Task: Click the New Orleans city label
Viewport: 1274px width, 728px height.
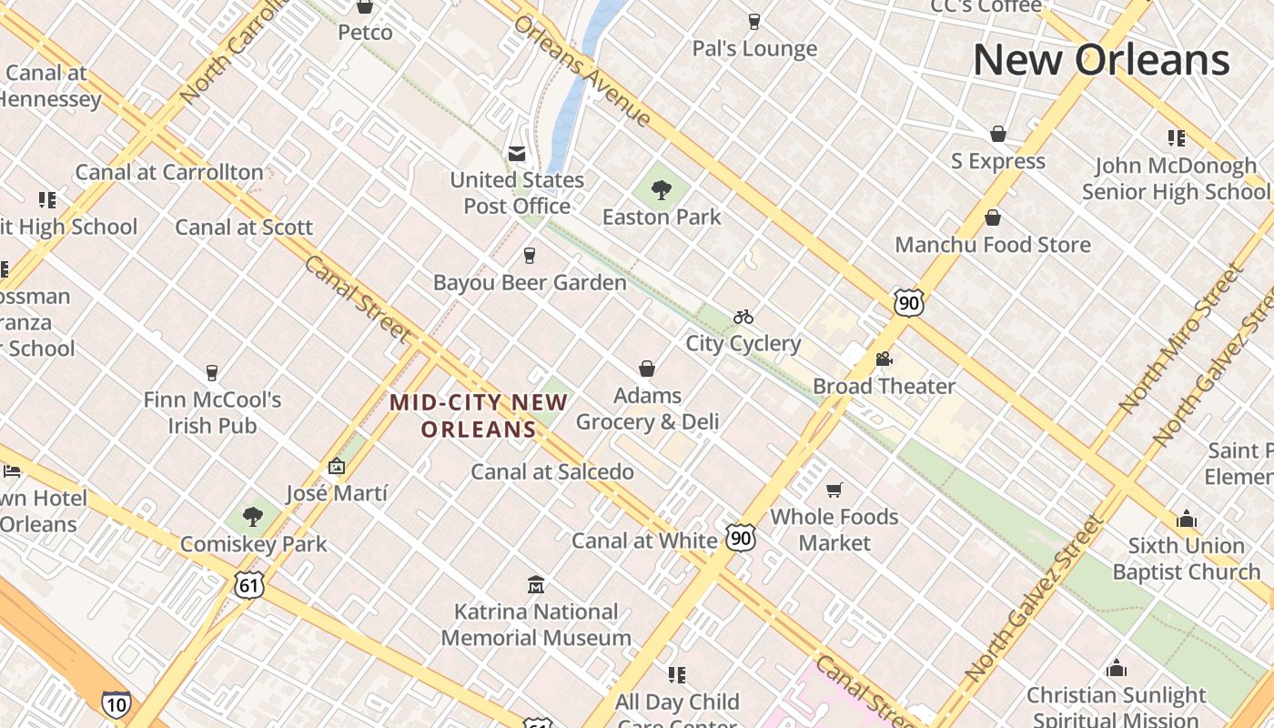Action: [1101, 60]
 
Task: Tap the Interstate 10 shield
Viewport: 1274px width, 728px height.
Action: [116, 703]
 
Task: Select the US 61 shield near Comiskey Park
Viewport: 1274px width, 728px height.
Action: [248, 585]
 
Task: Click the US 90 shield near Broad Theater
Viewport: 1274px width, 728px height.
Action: [908, 302]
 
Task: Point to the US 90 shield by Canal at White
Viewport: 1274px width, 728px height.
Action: [741, 538]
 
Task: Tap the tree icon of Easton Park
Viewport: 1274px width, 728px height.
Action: [662, 190]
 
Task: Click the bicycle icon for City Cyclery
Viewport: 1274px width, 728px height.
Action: [743, 317]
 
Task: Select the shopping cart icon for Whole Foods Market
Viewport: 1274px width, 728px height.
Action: [834, 490]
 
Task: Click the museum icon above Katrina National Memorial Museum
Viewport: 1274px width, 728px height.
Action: [536, 584]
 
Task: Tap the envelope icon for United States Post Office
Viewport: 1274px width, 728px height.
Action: [517, 153]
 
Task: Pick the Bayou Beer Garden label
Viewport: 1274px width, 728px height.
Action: [530, 282]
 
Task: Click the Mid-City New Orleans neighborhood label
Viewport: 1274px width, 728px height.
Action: [479, 415]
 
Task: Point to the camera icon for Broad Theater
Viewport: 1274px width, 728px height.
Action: [884, 359]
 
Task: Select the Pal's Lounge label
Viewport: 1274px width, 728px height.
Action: [754, 48]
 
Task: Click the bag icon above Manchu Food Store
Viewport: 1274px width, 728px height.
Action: [993, 217]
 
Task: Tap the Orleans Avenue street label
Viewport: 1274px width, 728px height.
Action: [582, 71]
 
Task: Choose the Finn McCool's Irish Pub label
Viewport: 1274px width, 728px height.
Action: [212, 412]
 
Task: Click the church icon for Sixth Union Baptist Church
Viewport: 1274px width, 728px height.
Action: [1186, 519]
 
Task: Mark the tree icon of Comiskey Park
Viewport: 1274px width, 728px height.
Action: [253, 517]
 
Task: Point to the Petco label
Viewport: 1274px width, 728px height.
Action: [365, 33]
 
